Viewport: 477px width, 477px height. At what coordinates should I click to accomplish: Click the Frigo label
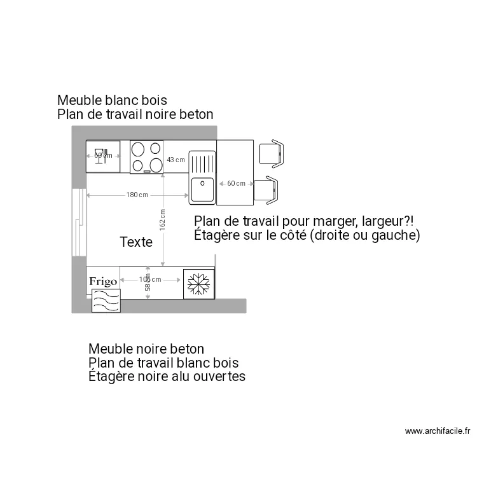pyautogui.click(x=102, y=280)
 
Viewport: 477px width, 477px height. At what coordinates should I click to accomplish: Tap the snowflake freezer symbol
pyautogui.click(x=198, y=284)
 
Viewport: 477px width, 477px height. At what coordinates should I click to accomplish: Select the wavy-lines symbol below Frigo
pyautogui.click(x=106, y=300)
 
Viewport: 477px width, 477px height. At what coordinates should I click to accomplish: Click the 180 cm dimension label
pyautogui.click(x=137, y=195)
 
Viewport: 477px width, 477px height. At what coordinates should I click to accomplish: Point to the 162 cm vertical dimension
pyautogui.click(x=163, y=219)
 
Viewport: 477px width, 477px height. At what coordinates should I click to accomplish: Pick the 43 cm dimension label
pyautogui.click(x=176, y=160)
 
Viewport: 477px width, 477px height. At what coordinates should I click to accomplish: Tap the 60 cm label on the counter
pyautogui.click(x=236, y=183)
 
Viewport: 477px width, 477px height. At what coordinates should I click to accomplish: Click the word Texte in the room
pyautogui.click(x=136, y=242)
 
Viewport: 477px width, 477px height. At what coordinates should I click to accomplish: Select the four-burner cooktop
pyautogui.click(x=146, y=157)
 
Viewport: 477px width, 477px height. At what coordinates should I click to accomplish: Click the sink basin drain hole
pyautogui.click(x=202, y=183)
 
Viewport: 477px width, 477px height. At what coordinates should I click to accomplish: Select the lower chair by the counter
pyautogui.click(x=265, y=191)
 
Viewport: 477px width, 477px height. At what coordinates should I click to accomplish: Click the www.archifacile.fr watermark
pyautogui.click(x=438, y=431)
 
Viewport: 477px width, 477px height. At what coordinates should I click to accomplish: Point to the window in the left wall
pyautogui.click(x=78, y=222)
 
